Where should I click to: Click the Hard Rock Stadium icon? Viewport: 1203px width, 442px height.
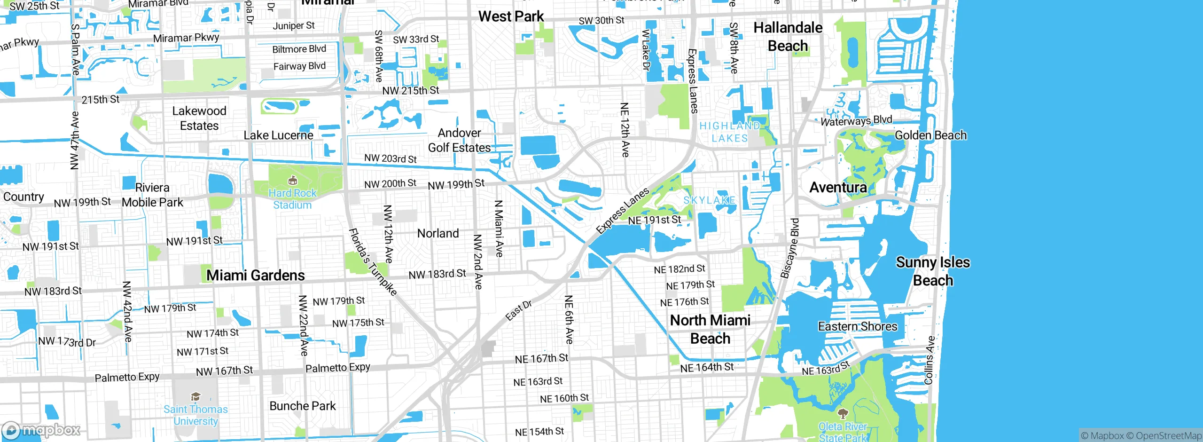click(x=292, y=181)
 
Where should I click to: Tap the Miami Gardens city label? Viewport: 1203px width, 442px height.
click(x=256, y=276)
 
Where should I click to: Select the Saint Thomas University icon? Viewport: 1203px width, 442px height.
click(x=195, y=397)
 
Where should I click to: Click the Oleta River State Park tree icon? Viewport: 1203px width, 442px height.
click(x=843, y=413)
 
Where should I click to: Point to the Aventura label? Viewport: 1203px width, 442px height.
click(x=838, y=188)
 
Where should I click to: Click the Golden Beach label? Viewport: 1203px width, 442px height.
click(x=930, y=135)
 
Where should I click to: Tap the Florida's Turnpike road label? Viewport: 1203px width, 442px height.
click(x=373, y=261)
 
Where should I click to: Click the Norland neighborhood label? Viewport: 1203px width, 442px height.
click(x=438, y=234)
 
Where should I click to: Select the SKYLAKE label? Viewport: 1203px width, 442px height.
click(x=709, y=200)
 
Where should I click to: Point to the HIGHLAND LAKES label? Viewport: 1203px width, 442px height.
click(x=729, y=132)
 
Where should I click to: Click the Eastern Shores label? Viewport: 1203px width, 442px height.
click(x=857, y=326)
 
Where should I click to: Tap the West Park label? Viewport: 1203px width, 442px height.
click(x=511, y=16)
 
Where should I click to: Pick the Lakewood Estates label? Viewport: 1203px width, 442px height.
click(x=199, y=118)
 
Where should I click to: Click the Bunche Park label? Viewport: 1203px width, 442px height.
click(x=303, y=406)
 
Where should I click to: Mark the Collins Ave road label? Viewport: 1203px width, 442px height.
click(x=929, y=360)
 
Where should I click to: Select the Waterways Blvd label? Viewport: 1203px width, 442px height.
click(x=856, y=121)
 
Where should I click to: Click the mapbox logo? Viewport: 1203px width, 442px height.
click(x=41, y=430)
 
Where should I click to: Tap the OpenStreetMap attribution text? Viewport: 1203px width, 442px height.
click(x=1168, y=436)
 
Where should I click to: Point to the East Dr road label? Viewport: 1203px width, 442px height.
click(x=518, y=310)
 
